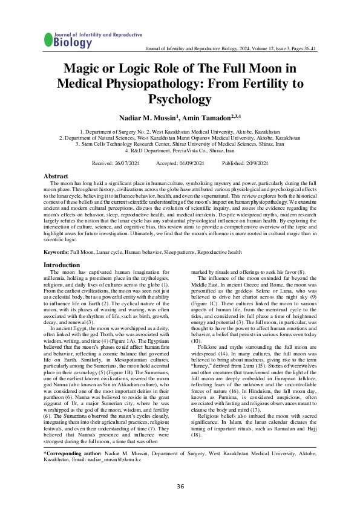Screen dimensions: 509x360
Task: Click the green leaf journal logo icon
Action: [48, 40]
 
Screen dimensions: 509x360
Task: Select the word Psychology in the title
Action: [180, 99]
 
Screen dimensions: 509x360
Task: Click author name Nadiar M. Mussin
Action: [145, 116]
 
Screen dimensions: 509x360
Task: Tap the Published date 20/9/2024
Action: [256, 164]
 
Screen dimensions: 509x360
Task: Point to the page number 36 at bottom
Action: [180, 487]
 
